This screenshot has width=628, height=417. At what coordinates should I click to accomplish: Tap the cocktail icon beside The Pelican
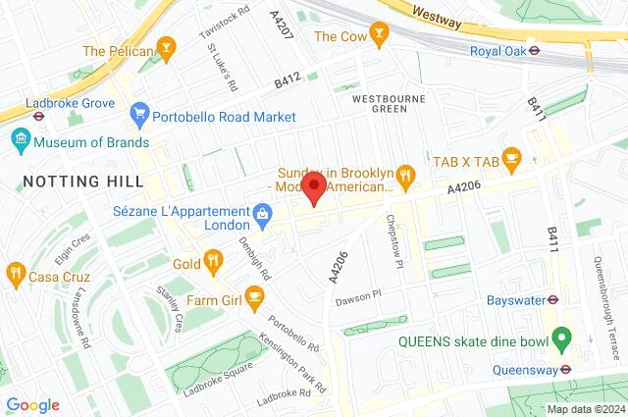coord(168,49)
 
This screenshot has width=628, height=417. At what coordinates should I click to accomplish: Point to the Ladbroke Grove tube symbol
coord(37,113)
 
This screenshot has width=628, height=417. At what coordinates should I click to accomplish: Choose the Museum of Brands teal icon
coord(20,142)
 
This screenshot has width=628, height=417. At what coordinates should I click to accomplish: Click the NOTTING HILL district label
coord(82,182)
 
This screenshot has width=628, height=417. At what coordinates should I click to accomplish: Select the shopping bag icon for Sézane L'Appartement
coord(262,212)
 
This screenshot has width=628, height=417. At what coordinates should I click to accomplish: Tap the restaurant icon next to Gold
coord(213,262)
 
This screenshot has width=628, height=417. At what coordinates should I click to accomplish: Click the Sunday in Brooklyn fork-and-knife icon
coord(407,178)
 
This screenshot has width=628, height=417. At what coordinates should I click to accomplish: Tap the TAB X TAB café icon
coord(513,157)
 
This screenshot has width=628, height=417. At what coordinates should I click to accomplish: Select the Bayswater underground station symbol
coord(552,300)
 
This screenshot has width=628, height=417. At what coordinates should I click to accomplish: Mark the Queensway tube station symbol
coord(565,369)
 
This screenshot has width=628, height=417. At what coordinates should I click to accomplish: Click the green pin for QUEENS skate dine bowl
coord(561,339)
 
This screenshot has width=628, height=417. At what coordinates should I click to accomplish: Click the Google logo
coord(32,405)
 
